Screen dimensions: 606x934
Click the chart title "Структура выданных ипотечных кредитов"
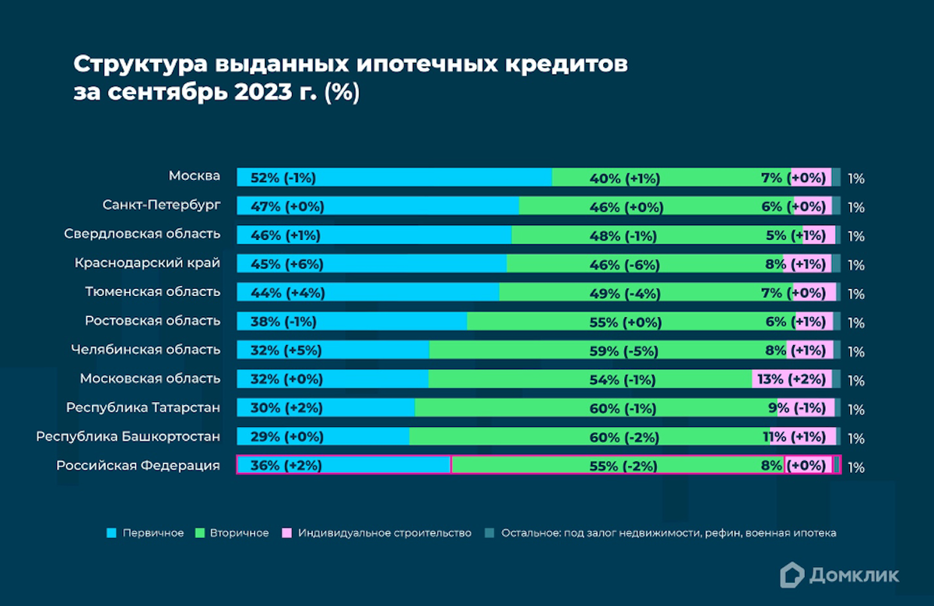[x=349, y=63]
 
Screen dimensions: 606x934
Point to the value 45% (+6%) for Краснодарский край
[x=287, y=264]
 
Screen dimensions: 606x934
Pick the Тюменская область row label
[x=153, y=292]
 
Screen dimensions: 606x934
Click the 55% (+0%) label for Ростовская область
[x=625, y=322]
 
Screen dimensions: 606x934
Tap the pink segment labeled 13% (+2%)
[x=791, y=379]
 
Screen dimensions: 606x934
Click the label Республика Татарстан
[x=143, y=407]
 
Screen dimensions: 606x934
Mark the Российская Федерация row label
[x=138, y=466]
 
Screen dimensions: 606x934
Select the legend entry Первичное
[x=146, y=533]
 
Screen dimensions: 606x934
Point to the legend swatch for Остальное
[x=490, y=533]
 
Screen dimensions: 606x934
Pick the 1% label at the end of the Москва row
[x=856, y=178]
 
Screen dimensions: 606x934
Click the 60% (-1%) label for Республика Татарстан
[x=623, y=408]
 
